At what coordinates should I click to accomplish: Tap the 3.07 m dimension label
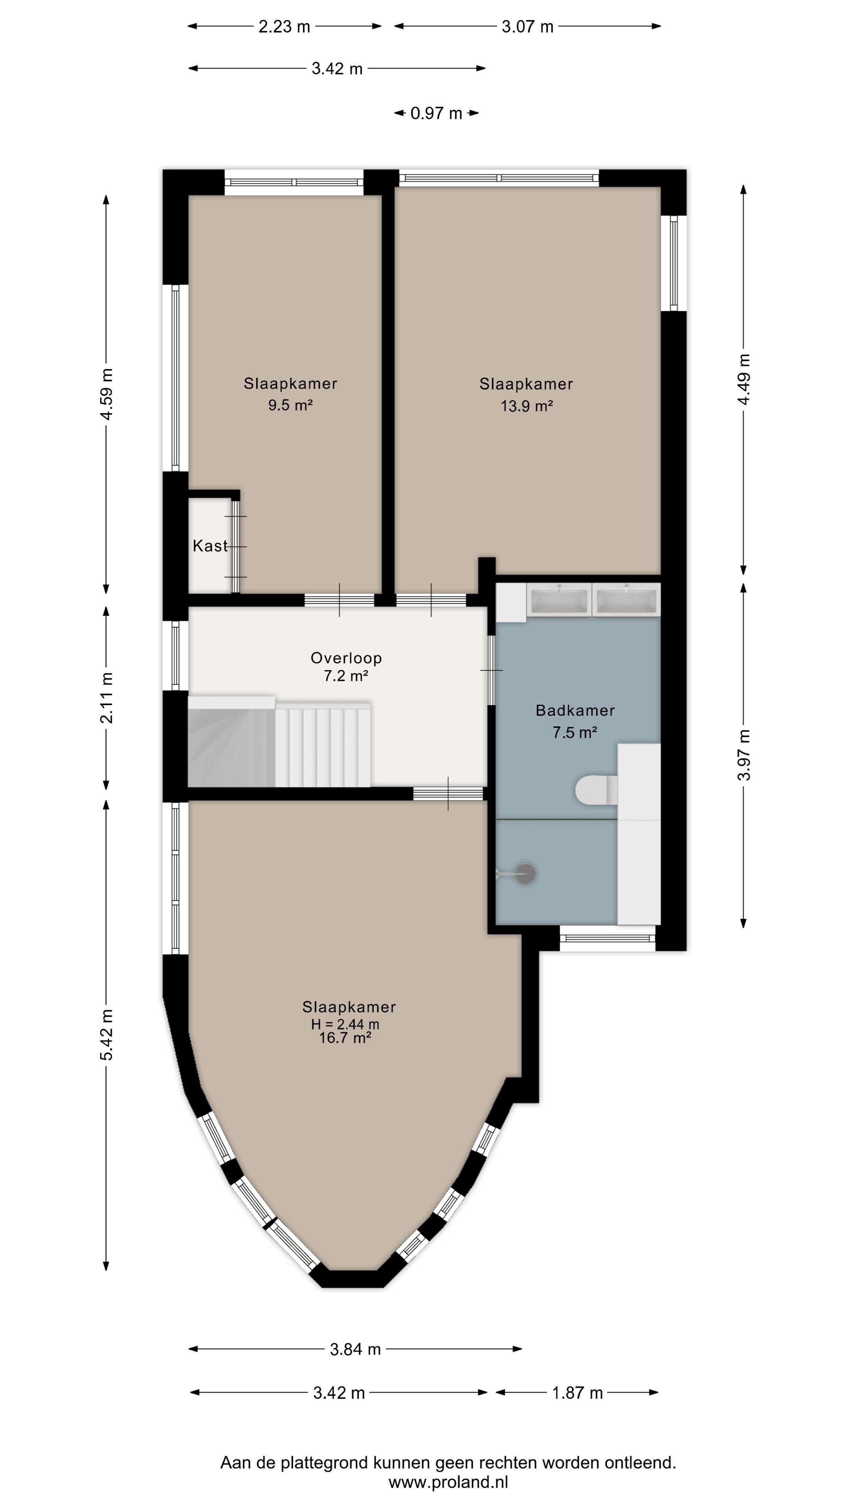527,26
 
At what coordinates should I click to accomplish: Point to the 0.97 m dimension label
436,113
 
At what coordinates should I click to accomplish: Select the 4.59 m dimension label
107,394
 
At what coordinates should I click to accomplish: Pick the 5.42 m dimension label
107,1035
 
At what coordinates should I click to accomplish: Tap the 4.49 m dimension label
744,379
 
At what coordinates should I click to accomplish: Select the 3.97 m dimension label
744,755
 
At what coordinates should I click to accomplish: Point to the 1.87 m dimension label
577,1393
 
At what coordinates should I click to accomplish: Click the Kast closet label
210,546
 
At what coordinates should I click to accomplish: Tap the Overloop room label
346,658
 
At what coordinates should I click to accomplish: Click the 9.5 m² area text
290,405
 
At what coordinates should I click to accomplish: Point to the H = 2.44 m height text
345,1024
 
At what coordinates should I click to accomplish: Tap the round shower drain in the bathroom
525,874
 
